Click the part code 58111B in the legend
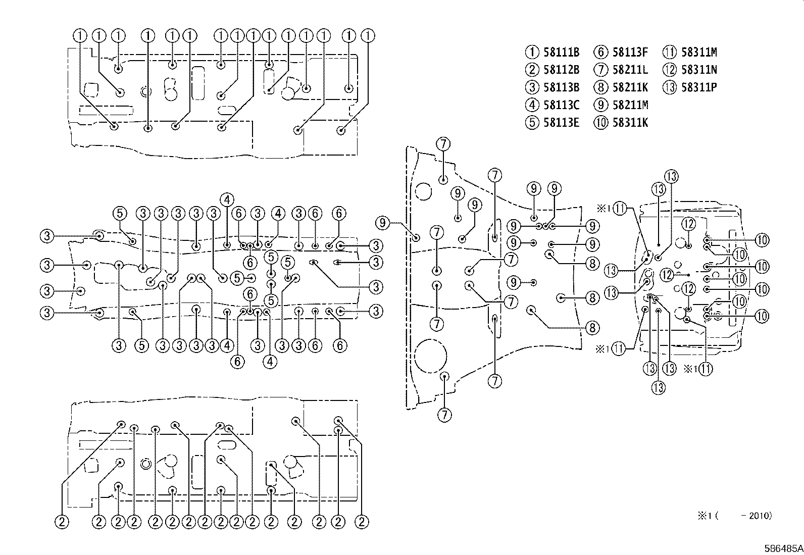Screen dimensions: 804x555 (x=562, y=53)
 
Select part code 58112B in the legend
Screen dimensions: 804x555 (x=562, y=70)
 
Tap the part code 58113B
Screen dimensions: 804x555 (x=562, y=87)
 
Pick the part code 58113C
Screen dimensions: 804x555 (x=562, y=105)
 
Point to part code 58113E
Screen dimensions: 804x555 (x=562, y=122)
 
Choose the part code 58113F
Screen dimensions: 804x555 (x=630, y=53)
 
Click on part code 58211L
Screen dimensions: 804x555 (x=630, y=70)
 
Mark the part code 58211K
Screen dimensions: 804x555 (x=630, y=87)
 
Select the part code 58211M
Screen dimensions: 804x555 (x=630, y=105)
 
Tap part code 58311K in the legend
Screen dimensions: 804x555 (x=630, y=122)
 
